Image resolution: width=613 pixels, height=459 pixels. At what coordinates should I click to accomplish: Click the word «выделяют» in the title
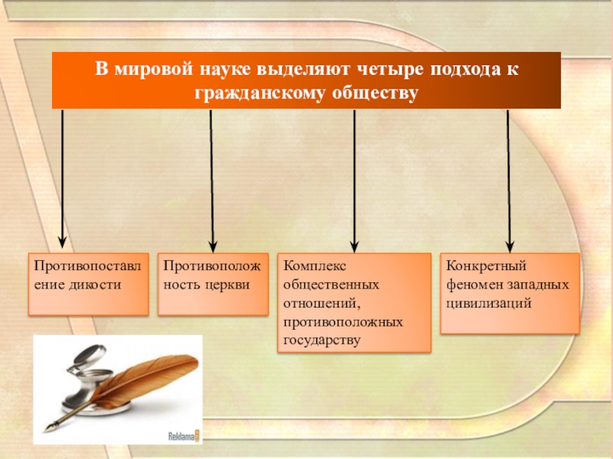pyautogui.click(x=295, y=69)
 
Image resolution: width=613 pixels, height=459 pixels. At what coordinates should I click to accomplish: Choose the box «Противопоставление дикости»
pyautogui.click(x=88, y=285)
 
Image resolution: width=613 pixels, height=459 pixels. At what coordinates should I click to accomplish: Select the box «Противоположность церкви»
pyautogui.click(x=213, y=285)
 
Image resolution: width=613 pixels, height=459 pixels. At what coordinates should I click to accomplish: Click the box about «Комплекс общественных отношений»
pyautogui.click(x=353, y=302)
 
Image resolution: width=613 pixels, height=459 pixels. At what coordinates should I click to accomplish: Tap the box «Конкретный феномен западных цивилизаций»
pyautogui.click(x=510, y=293)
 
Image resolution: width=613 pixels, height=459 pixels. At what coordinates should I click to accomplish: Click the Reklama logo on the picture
pyautogui.click(x=184, y=437)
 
